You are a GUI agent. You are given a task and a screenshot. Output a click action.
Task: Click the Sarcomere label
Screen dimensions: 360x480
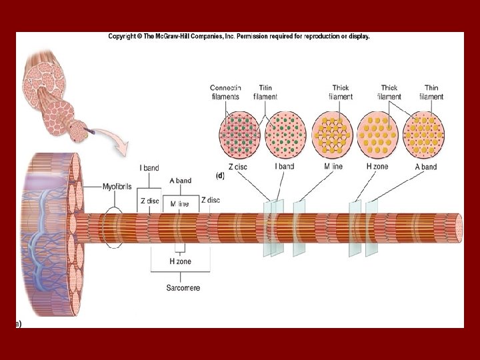183,288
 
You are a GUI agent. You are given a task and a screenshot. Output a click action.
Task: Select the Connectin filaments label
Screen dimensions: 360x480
225,92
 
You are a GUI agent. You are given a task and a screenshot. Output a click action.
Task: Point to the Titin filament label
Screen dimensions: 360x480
265,92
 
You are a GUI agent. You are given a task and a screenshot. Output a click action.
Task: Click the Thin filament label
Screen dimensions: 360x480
431,92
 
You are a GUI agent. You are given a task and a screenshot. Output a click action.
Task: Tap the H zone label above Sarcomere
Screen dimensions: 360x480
180,261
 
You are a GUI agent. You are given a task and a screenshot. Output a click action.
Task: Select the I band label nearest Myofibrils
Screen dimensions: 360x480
149,168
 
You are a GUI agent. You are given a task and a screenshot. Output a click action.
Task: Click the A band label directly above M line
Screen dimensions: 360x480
180,180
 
